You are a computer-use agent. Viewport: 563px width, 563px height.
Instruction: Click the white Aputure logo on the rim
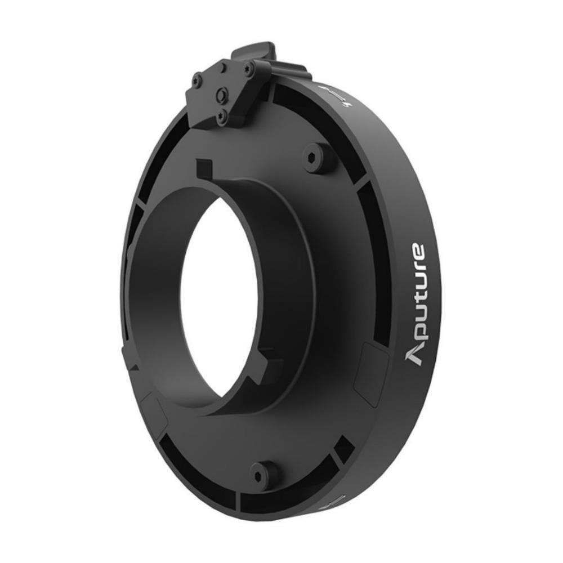point(416,304)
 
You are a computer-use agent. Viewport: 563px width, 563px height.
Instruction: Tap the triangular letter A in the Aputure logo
point(415,354)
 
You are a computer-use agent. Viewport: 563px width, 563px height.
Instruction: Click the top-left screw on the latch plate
point(196,81)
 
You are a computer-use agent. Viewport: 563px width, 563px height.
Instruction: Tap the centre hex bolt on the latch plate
point(223,95)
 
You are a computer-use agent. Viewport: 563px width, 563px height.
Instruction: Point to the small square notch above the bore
point(204,168)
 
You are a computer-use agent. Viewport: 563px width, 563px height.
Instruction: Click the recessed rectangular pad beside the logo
point(370,372)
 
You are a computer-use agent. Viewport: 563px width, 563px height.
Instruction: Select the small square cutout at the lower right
point(343,449)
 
